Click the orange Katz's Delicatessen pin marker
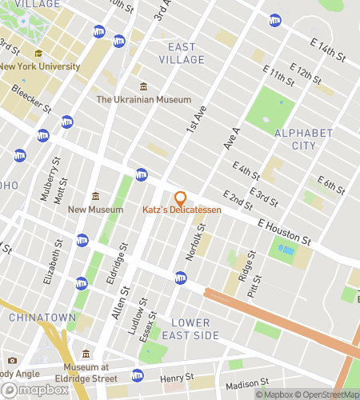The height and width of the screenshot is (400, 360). pos(180,198)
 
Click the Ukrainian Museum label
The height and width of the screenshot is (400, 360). pos(144,100)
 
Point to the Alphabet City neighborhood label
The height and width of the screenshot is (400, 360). pos(303,138)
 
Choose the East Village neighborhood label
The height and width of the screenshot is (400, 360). pos(182,53)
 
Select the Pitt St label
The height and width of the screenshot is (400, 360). pos(256,283)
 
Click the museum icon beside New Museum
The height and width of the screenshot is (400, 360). pos(95,197)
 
